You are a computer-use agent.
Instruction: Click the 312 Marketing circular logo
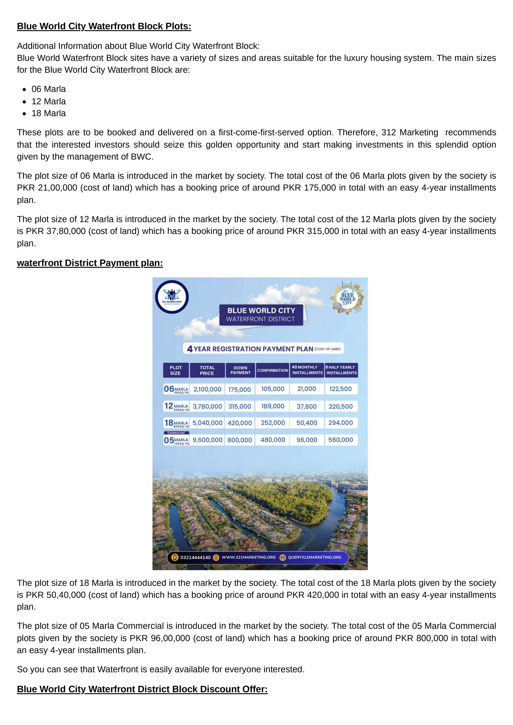pos(172,297)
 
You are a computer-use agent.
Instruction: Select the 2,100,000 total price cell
pos(207,389)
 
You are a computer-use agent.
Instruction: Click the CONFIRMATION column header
pos(272,370)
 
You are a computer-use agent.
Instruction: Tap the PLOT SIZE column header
pos(176,370)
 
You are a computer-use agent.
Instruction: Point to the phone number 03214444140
pos(195,558)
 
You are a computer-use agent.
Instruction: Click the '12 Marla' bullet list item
pos(49,101)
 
